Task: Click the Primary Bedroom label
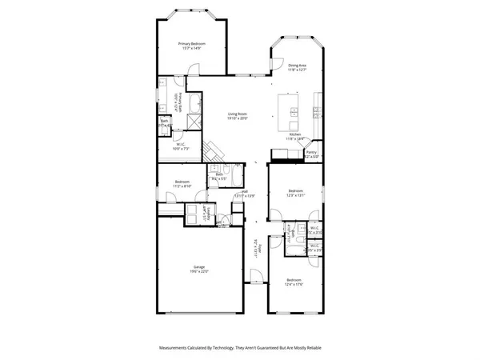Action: click(192, 43)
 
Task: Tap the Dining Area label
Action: click(298, 66)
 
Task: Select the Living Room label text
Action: click(238, 114)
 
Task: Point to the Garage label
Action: click(199, 266)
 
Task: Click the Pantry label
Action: click(312, 152)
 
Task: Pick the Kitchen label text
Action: click(296, 134)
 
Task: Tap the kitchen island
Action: click(287, 114)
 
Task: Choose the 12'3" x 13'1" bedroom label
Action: click(296, 191)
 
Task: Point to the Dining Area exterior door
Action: click(274, 64)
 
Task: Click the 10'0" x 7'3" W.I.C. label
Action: click(181, 145)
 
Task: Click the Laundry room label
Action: click(203, 214)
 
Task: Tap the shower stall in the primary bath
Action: click(194, 122)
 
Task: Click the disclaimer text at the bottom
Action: click(240, 348)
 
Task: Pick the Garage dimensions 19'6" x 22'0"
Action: click(199, 271)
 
